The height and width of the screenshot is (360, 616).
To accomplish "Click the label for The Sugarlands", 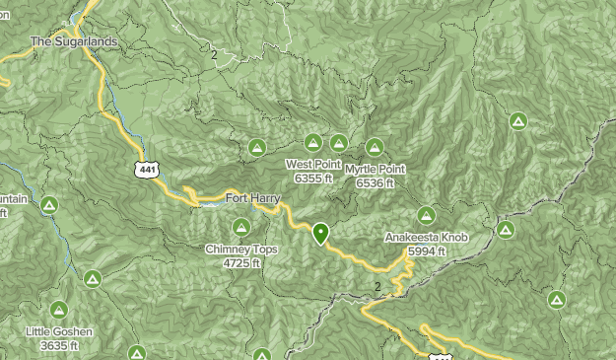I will click(x=74, y=42).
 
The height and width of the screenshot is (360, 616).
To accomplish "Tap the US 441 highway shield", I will click(x=147, y=170).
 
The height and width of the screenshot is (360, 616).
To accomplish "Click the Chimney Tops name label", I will click(x=241, y=251).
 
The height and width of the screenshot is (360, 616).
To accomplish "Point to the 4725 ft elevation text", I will click(x=241, y=263).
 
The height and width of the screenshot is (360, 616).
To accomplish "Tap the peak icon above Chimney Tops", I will click(x=241, y=228).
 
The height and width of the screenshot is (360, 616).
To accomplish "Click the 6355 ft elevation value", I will click(x=313, y=179).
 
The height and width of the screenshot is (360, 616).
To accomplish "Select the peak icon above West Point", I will click(x=313, y=143).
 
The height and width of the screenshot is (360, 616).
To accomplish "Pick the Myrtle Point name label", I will click(x=376, y=170).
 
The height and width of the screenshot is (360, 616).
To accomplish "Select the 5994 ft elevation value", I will click(x=427, y=252).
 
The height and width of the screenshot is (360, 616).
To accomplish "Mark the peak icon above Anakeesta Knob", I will click(x=426, y=215).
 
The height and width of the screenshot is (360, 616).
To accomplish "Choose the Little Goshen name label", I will click(x=59, y=332).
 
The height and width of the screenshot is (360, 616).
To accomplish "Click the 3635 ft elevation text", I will click(x=59, y=346).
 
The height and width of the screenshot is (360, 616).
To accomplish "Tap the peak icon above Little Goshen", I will click(x=59, y=310).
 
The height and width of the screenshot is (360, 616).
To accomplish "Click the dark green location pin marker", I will click(x=320, y=234).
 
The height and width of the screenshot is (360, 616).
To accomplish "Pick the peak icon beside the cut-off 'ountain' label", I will click(x=49, y=205).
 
